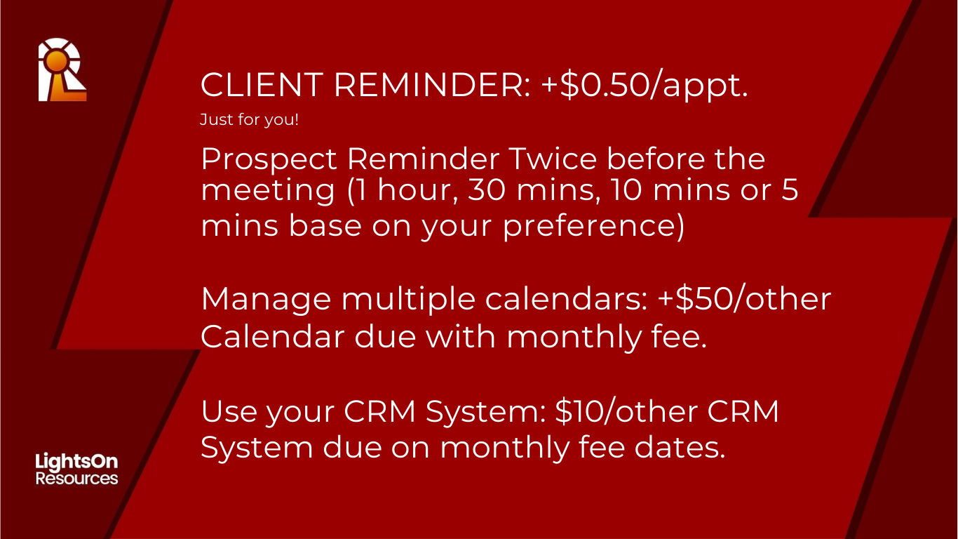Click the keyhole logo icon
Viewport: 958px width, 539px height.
[x=62, y=69]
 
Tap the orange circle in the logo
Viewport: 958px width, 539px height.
[x=57, y=60]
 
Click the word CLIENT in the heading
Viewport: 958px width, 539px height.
[x=262, y=85]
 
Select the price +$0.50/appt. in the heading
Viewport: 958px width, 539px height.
[x=645, y=86]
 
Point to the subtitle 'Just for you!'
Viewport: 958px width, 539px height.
[x=249, y=119]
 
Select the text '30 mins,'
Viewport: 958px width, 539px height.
[x=531, y=189]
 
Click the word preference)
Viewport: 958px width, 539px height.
[x=593, y=227]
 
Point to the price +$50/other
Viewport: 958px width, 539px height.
[x=744, y=298]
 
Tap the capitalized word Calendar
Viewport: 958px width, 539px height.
[x=273, y=336]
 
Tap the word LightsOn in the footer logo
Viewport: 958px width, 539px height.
[x=76, y=462]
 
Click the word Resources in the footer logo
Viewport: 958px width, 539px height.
[x=76, y=478]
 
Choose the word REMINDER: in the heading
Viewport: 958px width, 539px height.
[x=433, y=85]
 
